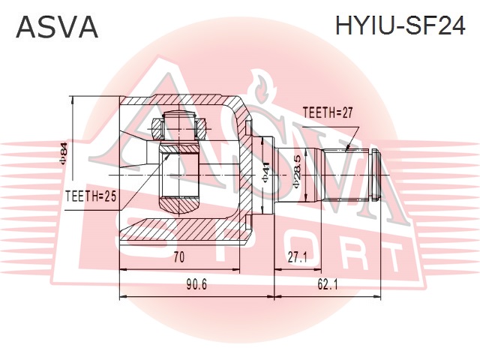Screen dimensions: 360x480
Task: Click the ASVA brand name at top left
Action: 57,27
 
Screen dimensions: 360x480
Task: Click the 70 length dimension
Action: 178,257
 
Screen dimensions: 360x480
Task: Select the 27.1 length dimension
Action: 298,257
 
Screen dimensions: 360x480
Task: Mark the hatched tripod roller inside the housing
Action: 181,176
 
